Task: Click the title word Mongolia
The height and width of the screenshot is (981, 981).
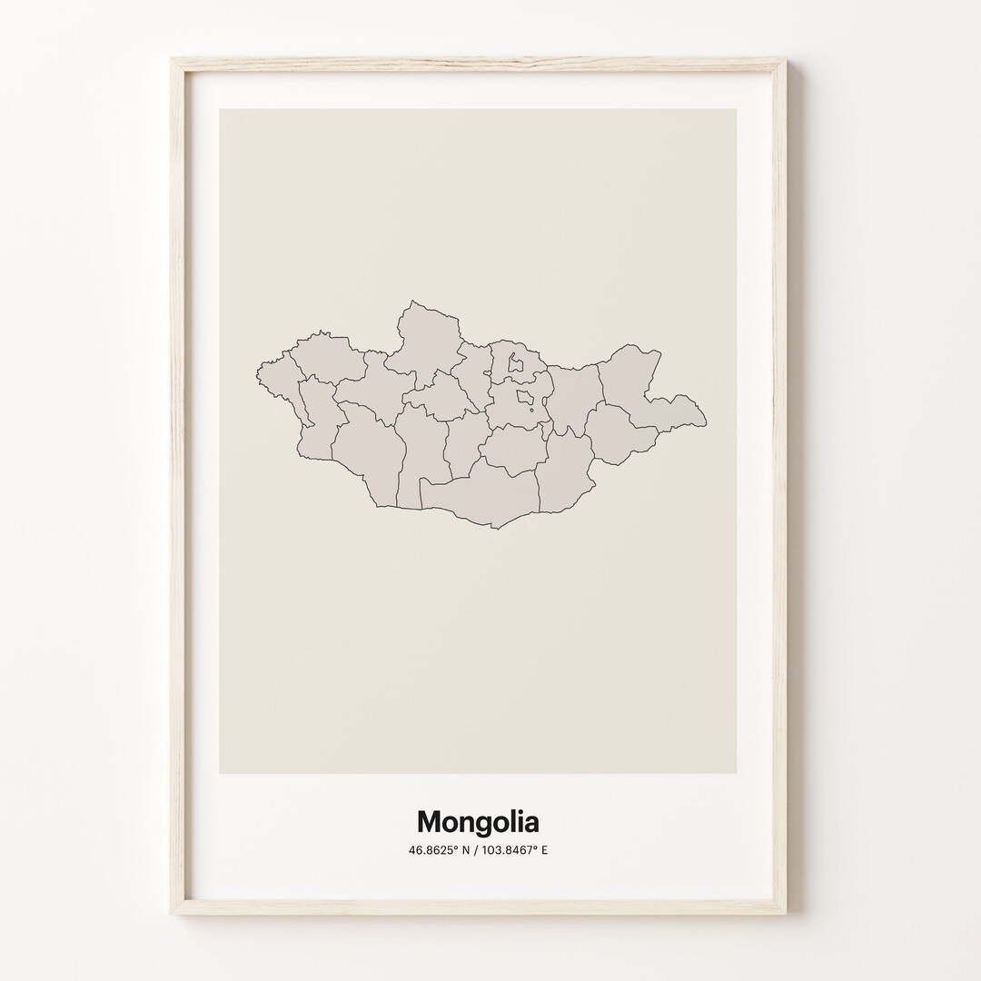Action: pyautogui.click(x=478, y=823)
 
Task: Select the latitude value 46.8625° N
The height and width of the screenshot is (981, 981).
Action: pyautogui.click(x=442, y=851)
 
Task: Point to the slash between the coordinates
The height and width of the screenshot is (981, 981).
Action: pyautogui.click(x=479, y=851)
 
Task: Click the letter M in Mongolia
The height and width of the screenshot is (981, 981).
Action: pyautogui.click(x=430, y=822)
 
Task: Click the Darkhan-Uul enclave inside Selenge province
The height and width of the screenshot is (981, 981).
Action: pyautogui.click(x=516, y=364)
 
